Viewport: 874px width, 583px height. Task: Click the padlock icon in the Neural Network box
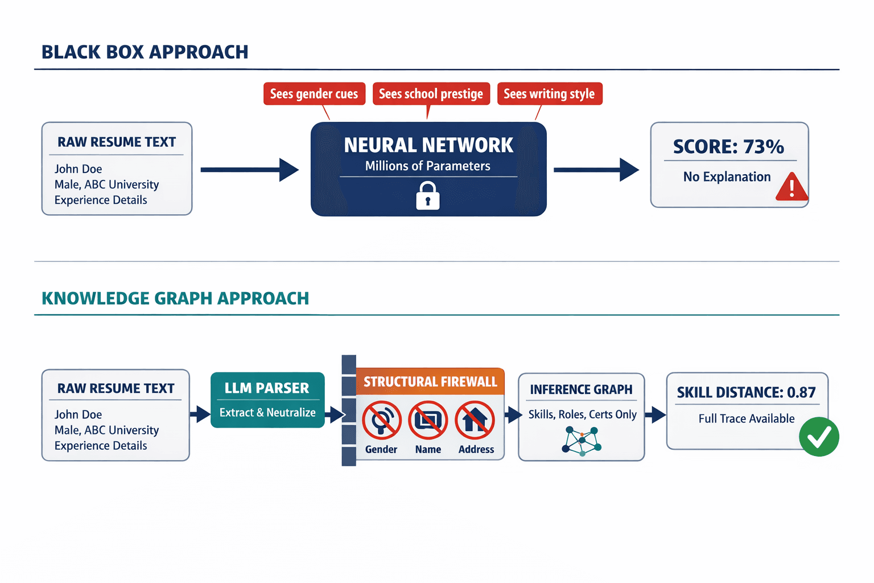click(x=428, y=196)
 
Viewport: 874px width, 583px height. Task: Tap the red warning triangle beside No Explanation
click(x=791, y=188)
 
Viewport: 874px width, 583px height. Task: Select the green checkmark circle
click(x=819, y=437)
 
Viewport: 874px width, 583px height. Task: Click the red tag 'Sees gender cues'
click(x=314, y=94)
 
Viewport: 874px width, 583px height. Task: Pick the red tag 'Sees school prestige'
click(x=431, y=94)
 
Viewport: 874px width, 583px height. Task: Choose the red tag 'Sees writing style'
click(x=549, y=94)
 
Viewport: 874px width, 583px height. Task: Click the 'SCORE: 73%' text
click(x=728, y=147)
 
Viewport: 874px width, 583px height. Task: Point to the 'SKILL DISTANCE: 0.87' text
click(x=746, y=392)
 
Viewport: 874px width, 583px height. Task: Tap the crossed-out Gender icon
click(x=382, y=420)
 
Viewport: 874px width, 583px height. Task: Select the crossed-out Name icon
click(x=428, y=420)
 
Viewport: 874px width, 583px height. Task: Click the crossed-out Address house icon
click(x=475, y=420)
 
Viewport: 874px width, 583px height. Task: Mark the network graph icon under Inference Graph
click(x=582, y=441)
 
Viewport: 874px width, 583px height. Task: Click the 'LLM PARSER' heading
click(x=267, y=388)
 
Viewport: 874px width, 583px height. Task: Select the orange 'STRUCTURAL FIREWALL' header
click(x=430, y=381)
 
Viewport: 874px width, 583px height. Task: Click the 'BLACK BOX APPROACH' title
click(x=145, y=52)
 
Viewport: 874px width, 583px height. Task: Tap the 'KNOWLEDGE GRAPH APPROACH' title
click(x=175, y=298)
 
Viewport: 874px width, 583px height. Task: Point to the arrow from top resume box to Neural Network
click(x=249, y=170)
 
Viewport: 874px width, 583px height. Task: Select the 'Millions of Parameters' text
click(x=427, y=166)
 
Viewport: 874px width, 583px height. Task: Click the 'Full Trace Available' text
click(x=746, y=418)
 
